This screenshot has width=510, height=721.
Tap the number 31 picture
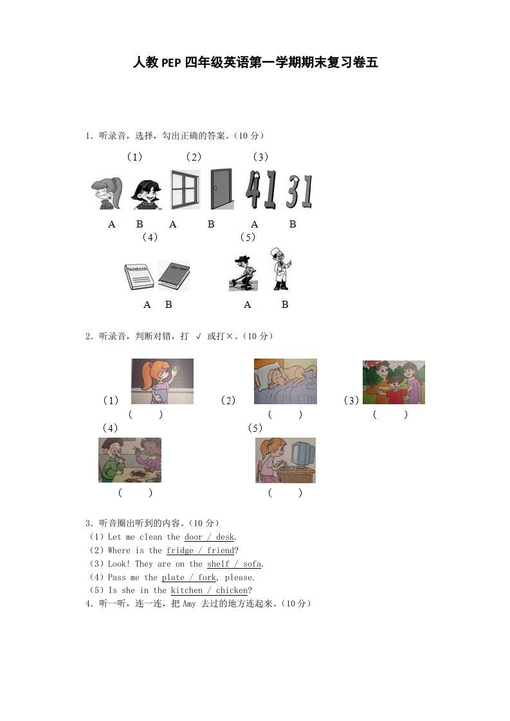(299, 191)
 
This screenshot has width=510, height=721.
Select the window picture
(185, 190)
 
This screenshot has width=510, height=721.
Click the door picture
(221, 189)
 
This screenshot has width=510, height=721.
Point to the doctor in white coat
(280, 269)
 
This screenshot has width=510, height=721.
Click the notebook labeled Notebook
(139, 276)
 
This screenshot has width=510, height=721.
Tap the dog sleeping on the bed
(286, 381)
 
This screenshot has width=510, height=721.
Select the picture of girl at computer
(285, 460)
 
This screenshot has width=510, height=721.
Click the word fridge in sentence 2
(179, 551)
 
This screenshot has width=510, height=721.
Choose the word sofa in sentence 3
(252, 564)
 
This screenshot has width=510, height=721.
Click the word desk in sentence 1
(225, 537)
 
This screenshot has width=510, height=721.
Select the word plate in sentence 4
(173, 578)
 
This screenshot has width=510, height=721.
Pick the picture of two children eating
(130, 460)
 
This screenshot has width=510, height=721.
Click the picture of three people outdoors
(394, 382)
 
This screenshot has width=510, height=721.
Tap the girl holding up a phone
(162, 381)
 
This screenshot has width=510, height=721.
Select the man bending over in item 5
(242, 274)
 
